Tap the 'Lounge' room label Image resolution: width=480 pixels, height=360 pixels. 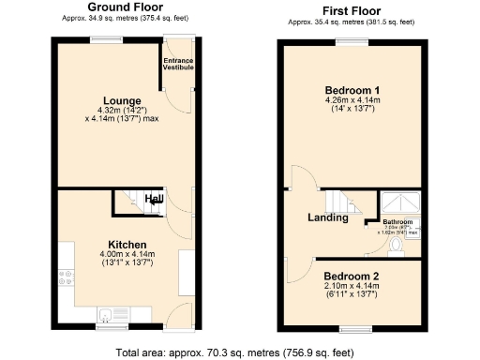[122, 100]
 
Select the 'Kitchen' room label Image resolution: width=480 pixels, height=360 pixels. [127, 244]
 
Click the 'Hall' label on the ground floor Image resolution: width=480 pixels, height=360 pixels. [154, 200]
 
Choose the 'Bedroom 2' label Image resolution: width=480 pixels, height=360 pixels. [352, 277]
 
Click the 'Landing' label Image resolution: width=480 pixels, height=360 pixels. [328, 218]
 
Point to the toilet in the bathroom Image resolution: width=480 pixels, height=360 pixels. [395, 246]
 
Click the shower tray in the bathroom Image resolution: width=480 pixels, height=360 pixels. [398, 202]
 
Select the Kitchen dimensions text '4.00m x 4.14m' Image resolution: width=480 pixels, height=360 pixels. [127, 255]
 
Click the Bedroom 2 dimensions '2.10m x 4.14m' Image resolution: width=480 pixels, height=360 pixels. [352, 288]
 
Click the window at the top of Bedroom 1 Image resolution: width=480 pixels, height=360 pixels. [352, 42]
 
